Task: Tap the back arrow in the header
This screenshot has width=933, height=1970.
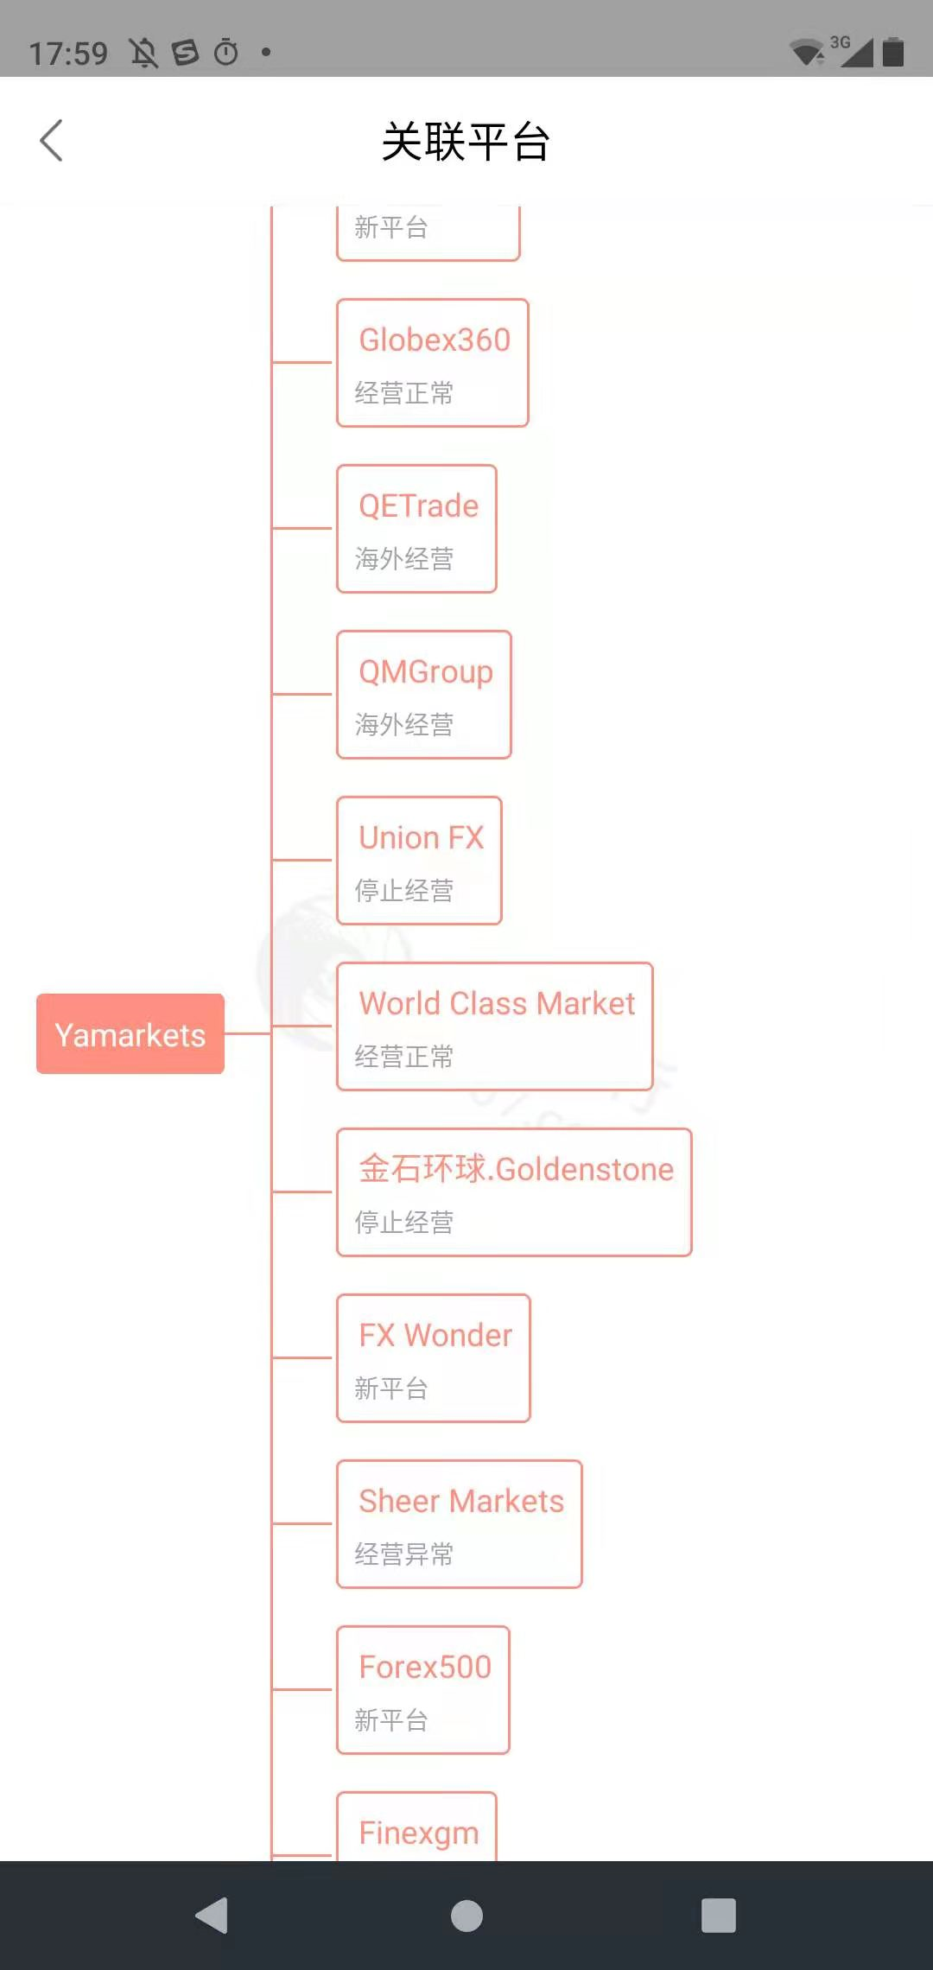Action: click(52, 141)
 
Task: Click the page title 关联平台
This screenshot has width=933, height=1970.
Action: click(466, 142)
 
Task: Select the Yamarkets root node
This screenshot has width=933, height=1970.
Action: click(130, 1034)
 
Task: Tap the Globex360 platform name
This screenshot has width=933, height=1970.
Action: click(435, 340)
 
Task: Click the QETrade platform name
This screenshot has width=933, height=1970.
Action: click(419, 506)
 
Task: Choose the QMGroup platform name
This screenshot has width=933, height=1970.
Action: click(426, 672)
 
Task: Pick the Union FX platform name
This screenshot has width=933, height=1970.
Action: click(422, 838)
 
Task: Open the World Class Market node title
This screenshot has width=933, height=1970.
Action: click(497, 1004)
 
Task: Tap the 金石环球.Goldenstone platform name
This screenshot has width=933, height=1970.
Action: click(517, 1169)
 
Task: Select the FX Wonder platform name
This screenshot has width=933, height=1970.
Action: click(435, 1336)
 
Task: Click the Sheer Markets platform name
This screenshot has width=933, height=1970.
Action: click(461, 1502)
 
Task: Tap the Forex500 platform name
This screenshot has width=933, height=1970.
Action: click(425, 1668)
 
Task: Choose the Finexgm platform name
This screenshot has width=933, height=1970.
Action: click(419, 1833)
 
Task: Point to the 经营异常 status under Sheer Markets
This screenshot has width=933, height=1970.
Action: click(404, 1554)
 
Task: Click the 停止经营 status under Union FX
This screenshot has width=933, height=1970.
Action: click(404, 891)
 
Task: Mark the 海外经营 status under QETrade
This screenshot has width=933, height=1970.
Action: click(404, 559)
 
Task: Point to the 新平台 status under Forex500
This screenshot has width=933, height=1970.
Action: click(391, 1720)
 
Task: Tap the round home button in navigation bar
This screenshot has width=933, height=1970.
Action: click(466, 1916)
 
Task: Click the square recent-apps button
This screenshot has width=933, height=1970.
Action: click(719, 1916)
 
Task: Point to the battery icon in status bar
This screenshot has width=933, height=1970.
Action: click(893, 52)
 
